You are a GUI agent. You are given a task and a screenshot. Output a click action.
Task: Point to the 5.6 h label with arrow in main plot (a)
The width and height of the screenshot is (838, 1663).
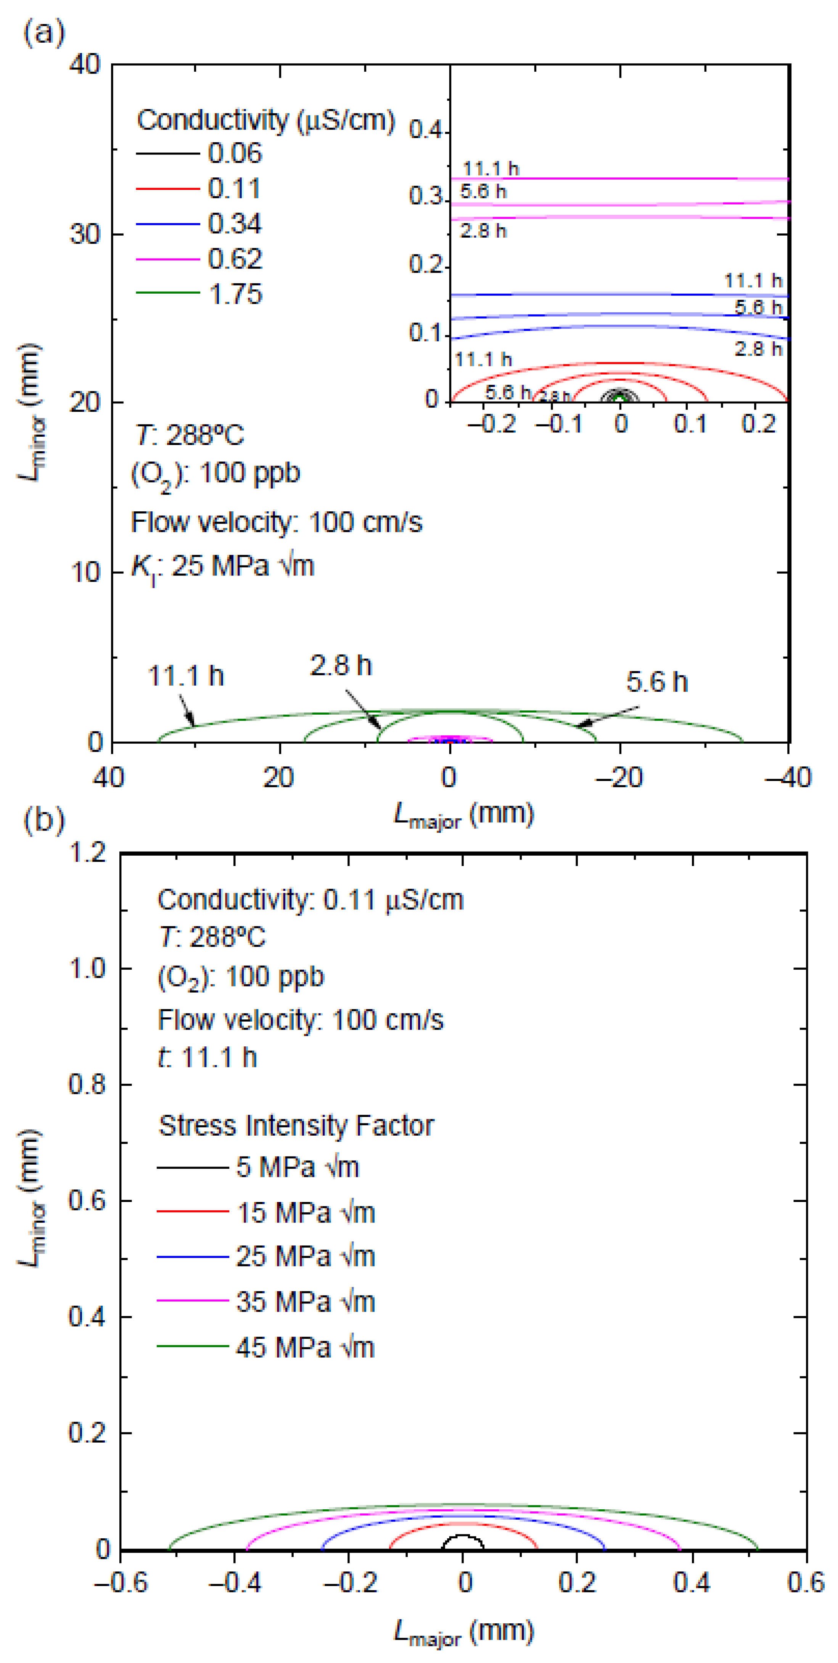(x=656, y=682)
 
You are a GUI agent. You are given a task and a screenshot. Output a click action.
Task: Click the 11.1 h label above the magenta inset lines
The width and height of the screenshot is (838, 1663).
(x=491, y=169)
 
